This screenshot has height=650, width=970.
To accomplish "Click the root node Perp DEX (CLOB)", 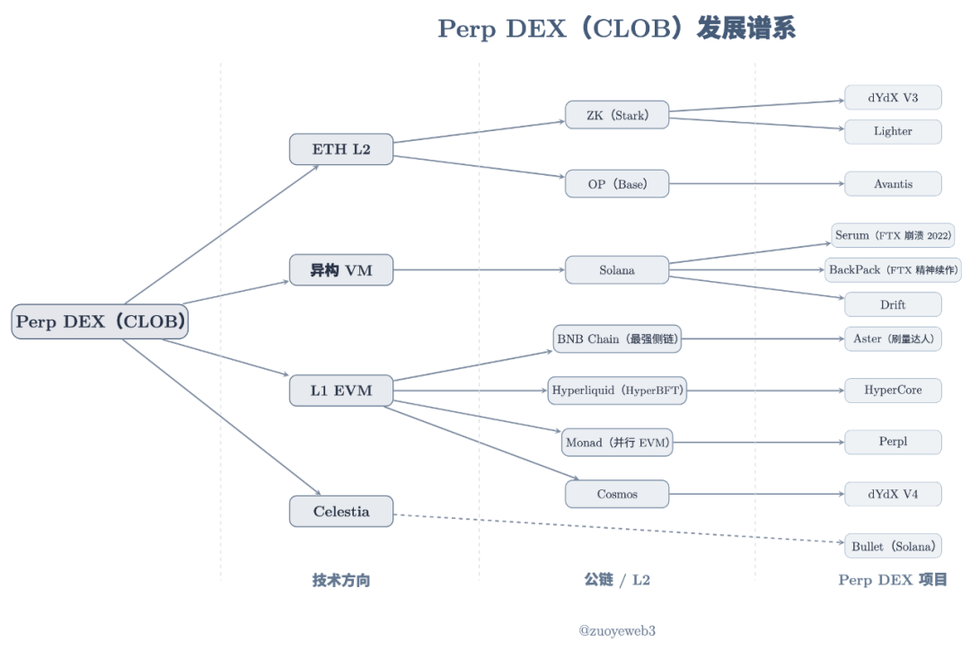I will coord(100,321).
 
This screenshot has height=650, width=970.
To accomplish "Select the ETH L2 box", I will coord(341,149).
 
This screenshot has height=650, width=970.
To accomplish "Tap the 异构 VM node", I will coord(341,270).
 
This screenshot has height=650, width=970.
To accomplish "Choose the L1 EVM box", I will coord(341,391).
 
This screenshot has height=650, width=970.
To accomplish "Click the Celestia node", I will coord(341,512).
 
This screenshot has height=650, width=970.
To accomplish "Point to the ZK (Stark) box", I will coord(617,115).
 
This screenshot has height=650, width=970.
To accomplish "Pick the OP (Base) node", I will coord(617,184).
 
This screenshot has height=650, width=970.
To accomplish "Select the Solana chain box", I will coord(617,270).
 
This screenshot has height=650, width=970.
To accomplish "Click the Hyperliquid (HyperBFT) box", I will coord(618,391).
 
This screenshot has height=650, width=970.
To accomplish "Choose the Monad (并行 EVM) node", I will coord(618,443).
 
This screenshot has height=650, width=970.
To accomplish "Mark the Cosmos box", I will coord(617,494).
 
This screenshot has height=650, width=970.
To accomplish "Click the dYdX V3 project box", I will coord(893,98).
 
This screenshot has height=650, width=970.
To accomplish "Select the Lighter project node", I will coord(893,131).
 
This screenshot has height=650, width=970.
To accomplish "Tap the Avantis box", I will coord(893,184).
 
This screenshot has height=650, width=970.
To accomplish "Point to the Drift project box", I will coord(893,304).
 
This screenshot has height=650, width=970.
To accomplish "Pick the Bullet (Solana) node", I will coord(893,546).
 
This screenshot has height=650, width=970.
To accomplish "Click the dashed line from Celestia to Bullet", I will coord(620,529).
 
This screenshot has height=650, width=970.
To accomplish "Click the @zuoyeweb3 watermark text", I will coord(617,631).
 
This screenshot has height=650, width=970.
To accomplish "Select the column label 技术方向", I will coord(341,580).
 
